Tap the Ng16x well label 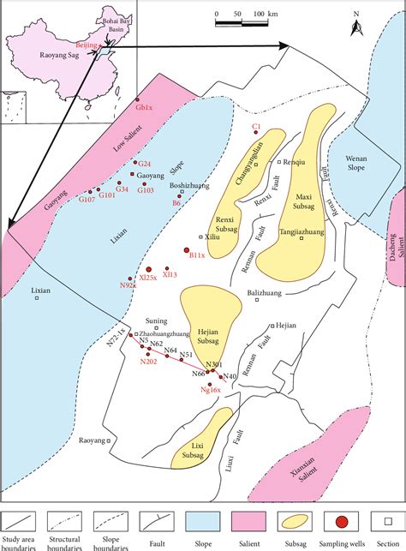tap(211, 390)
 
